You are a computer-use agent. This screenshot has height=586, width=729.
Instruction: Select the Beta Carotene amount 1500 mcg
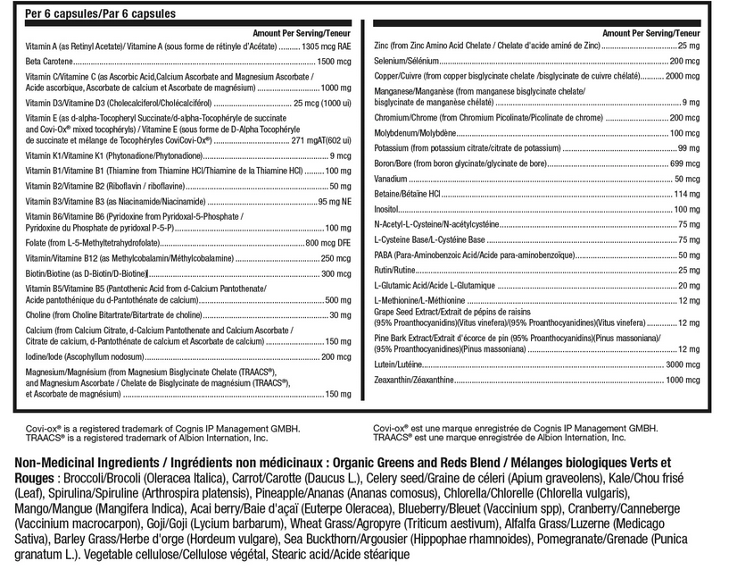[x=335, y=62]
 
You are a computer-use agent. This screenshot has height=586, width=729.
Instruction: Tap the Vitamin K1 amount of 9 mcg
[x=338, y=156]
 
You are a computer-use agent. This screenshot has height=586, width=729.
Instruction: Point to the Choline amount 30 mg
[x=340, y=315]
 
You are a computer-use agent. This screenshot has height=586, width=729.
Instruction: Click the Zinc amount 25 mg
[x=688, y=45]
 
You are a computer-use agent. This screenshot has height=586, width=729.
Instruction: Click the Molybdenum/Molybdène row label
[x=416, y=132]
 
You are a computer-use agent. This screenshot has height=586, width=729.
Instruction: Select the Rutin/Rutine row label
[x=395, y=270]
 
